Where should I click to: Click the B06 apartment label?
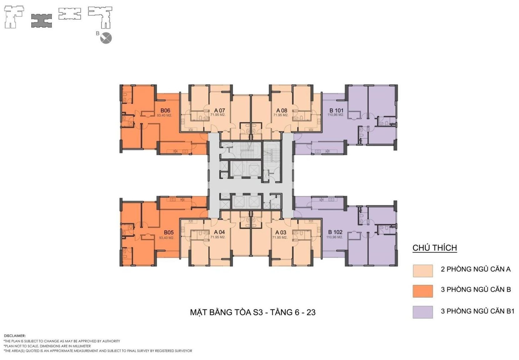click(165, 111)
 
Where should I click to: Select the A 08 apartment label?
click(282, 111)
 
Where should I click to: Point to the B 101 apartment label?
click(336, 111)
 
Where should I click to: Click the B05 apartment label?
click(169, 233)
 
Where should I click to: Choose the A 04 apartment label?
click(219, 232)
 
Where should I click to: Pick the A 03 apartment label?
click(281, 232)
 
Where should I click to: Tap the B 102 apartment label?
click(335, 232)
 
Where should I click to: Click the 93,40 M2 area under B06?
click(164, 115)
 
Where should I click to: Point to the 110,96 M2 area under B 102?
click(334, 237)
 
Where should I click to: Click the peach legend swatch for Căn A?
click(423, 271)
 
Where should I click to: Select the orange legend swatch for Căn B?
click(423, 291)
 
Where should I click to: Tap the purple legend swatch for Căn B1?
click(423, 312)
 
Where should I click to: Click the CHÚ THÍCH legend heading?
click(435, 248)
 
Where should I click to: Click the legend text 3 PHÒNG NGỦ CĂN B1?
click(477, 311)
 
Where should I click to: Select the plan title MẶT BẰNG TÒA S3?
click(226, 312)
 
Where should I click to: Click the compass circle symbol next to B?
click(106, 38)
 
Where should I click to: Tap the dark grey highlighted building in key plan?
click(42, 21)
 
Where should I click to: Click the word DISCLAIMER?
click(15, 336)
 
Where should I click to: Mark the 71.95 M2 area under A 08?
click(281, 115)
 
